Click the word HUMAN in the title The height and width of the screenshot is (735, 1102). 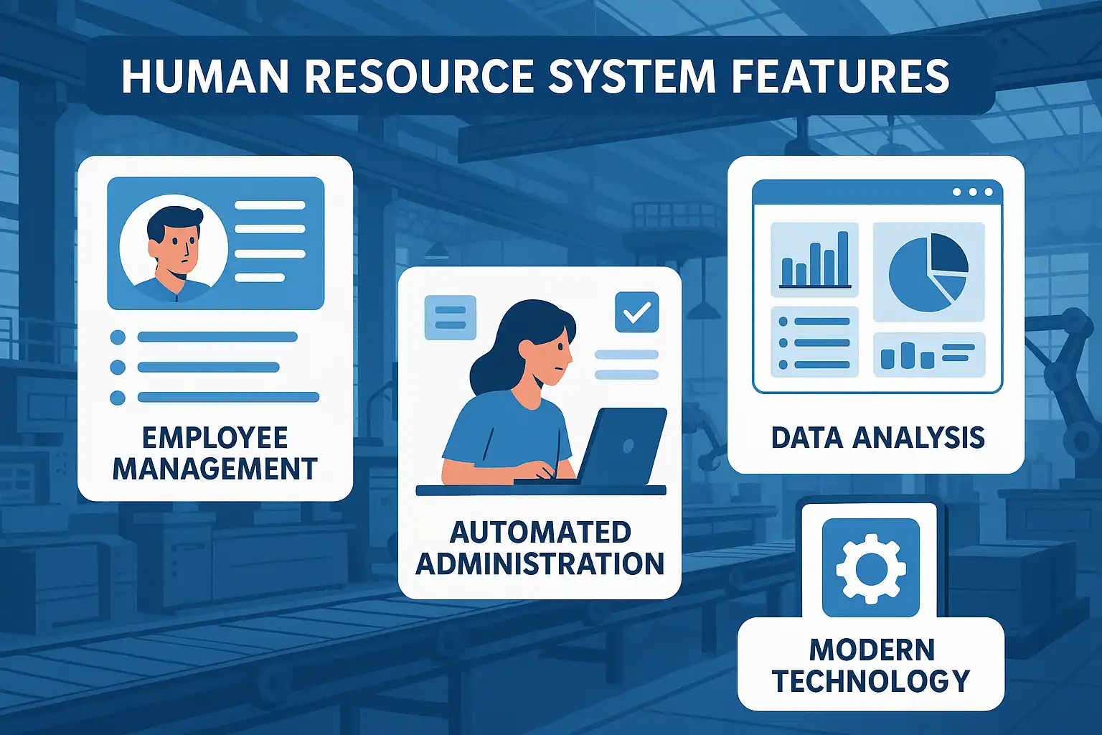pos(205,76)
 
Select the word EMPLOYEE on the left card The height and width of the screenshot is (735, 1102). pos(215,438)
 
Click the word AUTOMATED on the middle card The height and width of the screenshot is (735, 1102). pos(540,532)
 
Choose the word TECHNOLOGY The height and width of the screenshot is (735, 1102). pos(871,680)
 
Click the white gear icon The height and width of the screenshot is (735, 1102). pos(871,568)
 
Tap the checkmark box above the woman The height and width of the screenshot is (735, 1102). pos(636,312)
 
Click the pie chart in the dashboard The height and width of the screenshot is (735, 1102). pos(928,272)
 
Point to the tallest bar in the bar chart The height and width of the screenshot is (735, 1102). pos(843,258)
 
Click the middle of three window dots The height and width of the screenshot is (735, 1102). pos(973,192)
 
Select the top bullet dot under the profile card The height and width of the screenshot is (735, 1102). pos(118,337)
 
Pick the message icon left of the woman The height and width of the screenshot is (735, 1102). pos(450,317)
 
